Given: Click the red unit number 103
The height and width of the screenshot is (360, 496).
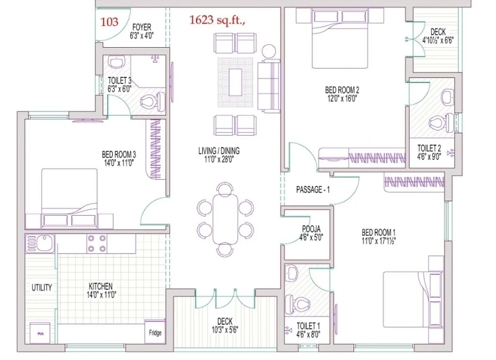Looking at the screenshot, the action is point(110,22).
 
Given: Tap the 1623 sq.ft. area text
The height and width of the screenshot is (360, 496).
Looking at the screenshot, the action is point(218,20).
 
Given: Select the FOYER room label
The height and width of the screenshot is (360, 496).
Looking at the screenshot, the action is point(142,27).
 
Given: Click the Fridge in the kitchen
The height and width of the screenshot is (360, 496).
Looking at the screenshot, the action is point(155,331).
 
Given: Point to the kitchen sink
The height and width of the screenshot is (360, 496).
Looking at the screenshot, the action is point(40,243).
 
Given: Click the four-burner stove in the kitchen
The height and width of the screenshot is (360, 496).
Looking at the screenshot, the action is point(97,244).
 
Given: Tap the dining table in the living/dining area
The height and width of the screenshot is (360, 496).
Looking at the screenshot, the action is point(225,219).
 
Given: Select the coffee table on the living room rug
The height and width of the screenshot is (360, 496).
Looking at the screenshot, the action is point(236,82).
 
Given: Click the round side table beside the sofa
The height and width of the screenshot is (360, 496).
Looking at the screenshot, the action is point(269,51).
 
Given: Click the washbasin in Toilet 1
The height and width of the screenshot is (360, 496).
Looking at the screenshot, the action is point(291,273).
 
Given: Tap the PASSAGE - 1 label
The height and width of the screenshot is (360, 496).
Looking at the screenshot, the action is point(313,190).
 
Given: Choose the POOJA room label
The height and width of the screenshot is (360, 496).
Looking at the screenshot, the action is point(311,229).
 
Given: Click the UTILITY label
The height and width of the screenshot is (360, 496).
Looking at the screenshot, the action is point(42,288).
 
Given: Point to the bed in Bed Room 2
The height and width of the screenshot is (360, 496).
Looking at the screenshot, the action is point(340,38).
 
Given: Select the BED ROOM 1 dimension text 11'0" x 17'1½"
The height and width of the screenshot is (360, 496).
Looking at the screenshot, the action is point(379,241).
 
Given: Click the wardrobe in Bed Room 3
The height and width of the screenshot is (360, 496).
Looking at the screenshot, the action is point(156,149).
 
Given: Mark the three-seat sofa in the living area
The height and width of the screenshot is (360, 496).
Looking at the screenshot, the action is point(269,86).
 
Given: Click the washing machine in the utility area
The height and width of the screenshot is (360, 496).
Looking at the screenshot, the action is point(40,333).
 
